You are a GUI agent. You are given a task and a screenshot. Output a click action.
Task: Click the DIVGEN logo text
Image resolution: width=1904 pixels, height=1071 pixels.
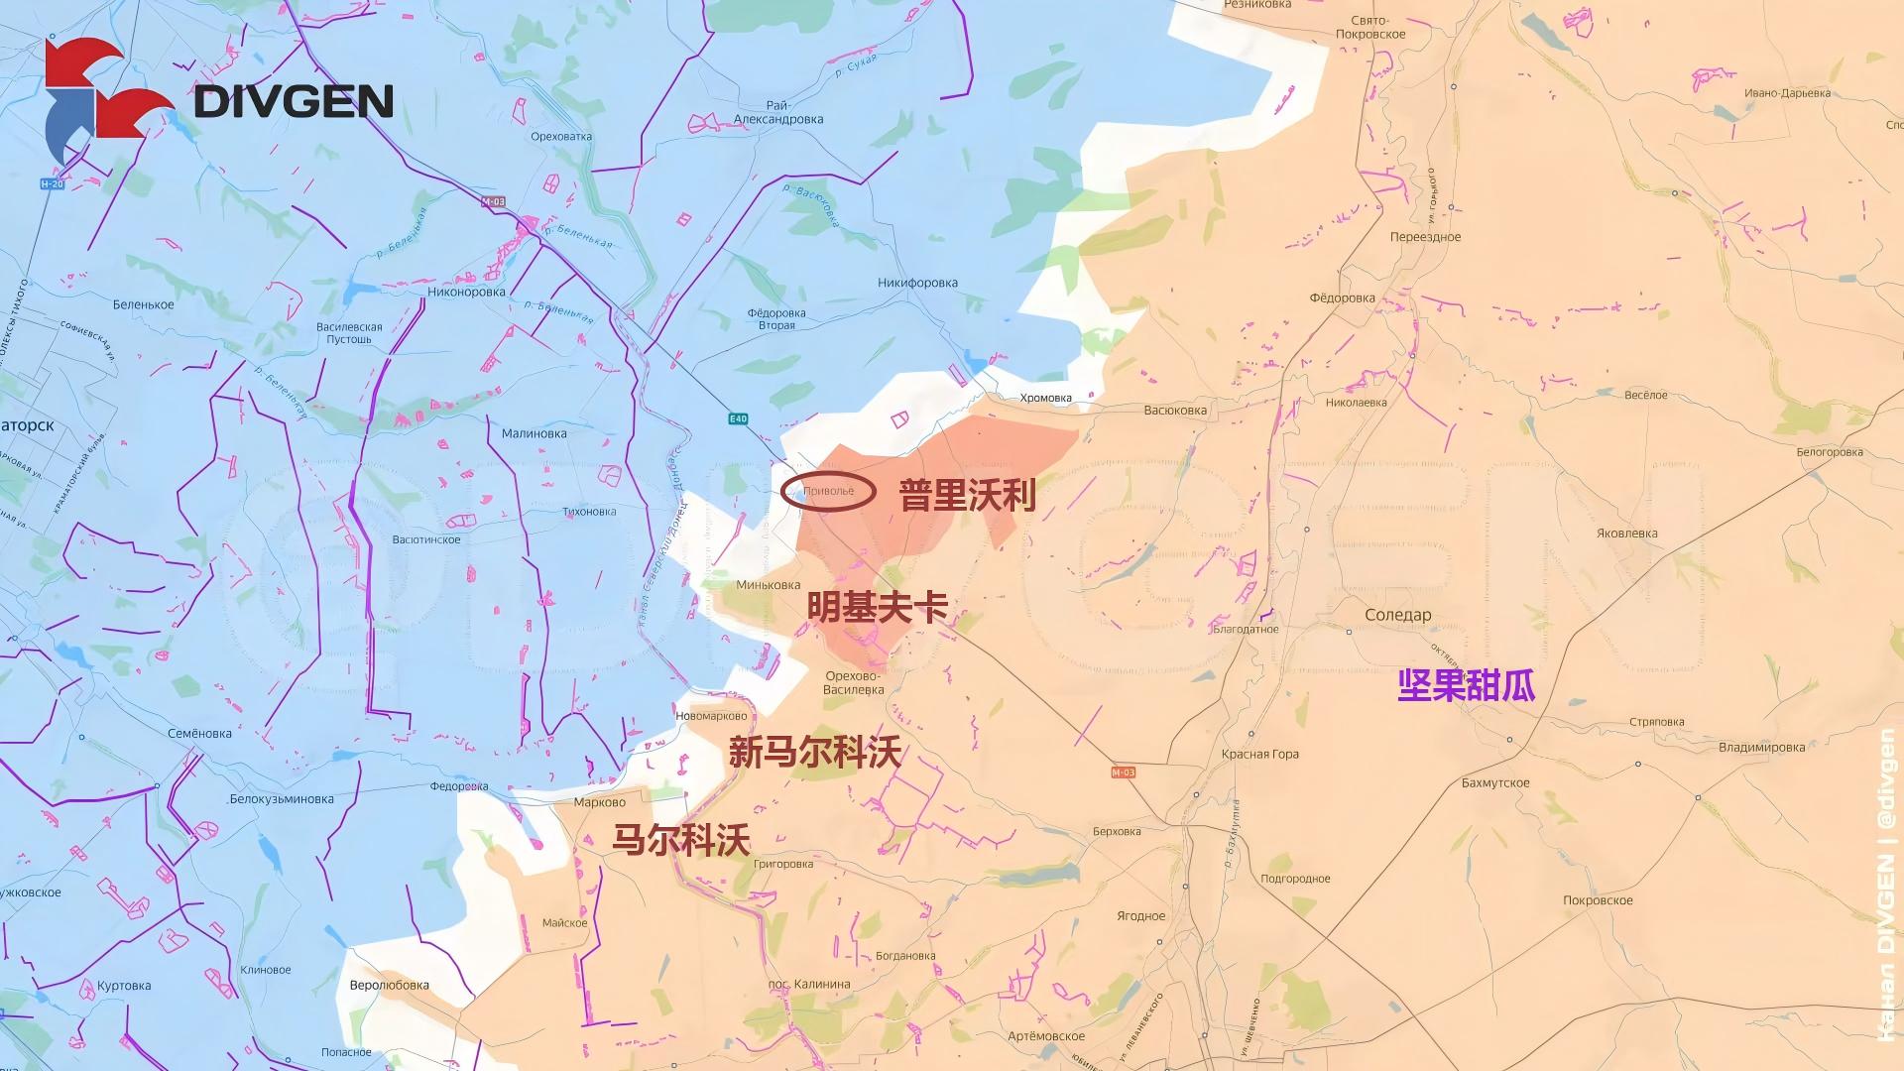(x=294, y=101)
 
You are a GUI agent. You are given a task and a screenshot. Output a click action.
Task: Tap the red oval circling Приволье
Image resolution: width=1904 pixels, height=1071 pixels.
(x=828, y=492)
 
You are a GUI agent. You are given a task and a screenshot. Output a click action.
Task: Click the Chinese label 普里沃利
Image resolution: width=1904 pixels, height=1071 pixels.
(x=967, y=495)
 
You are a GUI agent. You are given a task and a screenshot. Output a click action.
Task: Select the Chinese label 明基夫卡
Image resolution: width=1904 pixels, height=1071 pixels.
(x=877, y=607)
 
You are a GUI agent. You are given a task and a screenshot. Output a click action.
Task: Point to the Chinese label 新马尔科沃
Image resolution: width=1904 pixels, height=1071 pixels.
(x=815, y=753)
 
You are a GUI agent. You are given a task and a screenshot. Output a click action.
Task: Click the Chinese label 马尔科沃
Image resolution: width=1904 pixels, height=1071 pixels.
(x=680, y=840)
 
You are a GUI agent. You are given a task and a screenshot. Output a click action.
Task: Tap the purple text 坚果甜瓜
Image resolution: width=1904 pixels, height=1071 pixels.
(x=1466, y=685)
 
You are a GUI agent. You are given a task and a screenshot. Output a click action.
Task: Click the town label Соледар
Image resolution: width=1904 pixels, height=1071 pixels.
(x=1398, y=615)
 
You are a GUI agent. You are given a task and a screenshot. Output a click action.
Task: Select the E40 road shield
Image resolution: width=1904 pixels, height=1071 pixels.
(x=738, y=419)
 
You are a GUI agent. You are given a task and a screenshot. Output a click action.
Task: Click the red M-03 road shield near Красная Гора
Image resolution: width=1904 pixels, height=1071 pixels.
(x=1123, y=773)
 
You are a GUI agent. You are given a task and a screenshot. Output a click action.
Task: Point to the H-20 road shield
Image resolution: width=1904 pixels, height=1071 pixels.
(x=52, y=184)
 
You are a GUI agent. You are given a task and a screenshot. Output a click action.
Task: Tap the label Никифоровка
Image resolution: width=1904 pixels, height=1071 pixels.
(x=917, y=283)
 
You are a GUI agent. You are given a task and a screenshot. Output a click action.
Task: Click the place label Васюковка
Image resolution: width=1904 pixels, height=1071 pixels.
(x=1175, y=410)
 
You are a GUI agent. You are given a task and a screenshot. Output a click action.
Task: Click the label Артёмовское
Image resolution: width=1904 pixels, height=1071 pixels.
(x=1045, y=1036)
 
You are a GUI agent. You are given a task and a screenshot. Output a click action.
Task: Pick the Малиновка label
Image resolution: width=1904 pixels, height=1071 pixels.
(x=534, y=433)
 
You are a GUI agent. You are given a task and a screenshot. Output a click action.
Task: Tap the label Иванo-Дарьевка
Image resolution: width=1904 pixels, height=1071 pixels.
(x=1787, y=93)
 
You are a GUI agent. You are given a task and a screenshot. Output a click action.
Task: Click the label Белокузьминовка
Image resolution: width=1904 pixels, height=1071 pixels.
(x=282, y=798)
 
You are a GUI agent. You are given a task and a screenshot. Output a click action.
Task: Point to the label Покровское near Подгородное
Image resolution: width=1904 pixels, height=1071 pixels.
(x=1598, y=900)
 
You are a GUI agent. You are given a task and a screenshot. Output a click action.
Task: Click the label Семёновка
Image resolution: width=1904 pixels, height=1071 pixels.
(x=199, y=734)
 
